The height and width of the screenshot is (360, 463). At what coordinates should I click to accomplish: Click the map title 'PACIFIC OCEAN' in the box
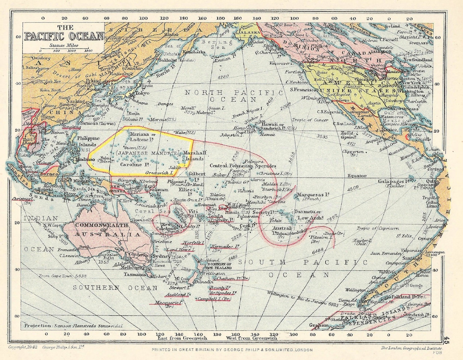pos(64,36)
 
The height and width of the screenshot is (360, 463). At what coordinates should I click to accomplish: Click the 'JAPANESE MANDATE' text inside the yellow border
pos(147,153)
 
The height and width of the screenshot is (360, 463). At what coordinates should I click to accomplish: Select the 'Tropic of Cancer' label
pos(311,120)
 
